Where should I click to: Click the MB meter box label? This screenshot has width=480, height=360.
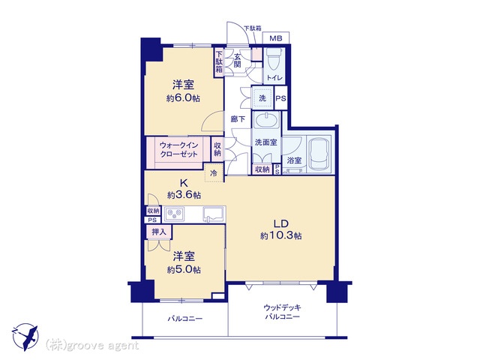(276, 38)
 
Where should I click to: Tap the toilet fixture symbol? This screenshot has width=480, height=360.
(274, 59)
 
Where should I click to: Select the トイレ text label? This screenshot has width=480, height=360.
(274, 78)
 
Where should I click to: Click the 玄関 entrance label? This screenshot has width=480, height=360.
(238, 61)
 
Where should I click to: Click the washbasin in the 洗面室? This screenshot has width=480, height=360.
(267, 121)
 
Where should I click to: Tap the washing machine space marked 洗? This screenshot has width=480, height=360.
(262, 98)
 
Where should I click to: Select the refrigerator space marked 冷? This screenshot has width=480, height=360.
(214, 173)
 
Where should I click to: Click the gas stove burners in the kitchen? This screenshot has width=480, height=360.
(175, 214)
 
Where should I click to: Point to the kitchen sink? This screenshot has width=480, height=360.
(214, 214)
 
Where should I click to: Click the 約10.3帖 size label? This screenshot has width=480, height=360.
(281, 235)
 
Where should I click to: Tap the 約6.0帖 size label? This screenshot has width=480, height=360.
(183, 98)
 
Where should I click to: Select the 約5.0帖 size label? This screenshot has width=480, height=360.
(184, 270)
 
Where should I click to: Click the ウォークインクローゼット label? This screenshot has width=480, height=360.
(179, 149)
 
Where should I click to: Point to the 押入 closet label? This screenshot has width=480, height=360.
(159, 232)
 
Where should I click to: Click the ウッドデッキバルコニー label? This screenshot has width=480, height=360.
(282, 312)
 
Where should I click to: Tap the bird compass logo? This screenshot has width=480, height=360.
(25, 337)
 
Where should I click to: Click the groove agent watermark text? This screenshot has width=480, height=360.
(91, 346)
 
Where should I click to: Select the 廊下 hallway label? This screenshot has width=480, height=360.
(238, 118)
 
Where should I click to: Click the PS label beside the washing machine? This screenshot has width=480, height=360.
(280, 98)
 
